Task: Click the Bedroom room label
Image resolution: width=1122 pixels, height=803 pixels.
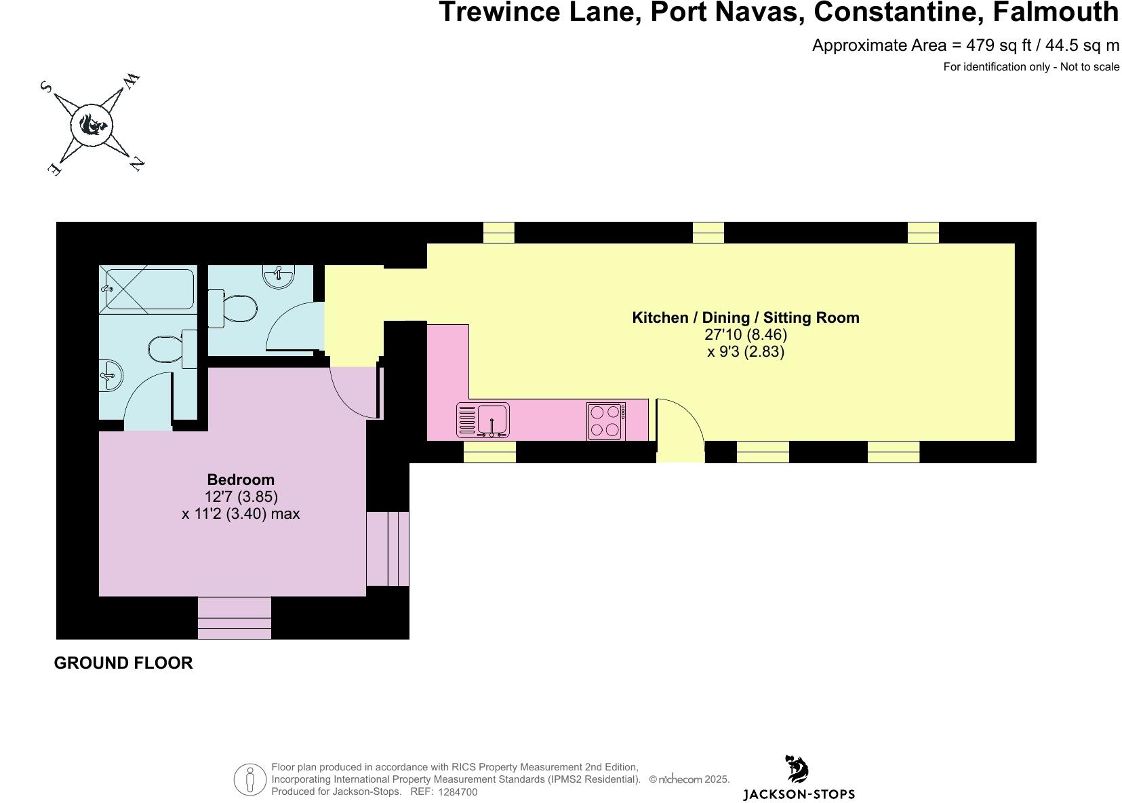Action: click(241, 479)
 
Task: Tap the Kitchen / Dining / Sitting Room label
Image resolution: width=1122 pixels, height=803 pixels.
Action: click(745, 317)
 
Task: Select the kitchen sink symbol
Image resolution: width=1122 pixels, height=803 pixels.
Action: click(492, 419)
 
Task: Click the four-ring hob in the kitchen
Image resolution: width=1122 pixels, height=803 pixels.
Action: click(606, 420)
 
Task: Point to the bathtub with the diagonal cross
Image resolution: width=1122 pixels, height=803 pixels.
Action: click(148, 289)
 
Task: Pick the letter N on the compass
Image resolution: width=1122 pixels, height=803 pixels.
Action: click(136, 163)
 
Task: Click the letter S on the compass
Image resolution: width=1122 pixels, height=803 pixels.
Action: click(47, 87)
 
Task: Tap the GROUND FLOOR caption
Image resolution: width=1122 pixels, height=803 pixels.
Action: click(123, 663)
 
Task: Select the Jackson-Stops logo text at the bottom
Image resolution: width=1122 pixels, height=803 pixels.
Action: click(799, 794)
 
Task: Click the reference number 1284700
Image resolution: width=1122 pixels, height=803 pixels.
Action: click(458, 792)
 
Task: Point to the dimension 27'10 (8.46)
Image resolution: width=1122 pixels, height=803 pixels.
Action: click(746, 334)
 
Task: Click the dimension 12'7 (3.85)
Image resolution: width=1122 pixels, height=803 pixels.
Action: click(241, 496)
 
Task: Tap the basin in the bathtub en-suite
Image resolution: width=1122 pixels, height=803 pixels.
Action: click(109, 375)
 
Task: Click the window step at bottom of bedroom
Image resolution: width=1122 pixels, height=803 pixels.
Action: click(235, 618)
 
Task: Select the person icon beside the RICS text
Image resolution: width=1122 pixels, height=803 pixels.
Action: click(250, 779)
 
